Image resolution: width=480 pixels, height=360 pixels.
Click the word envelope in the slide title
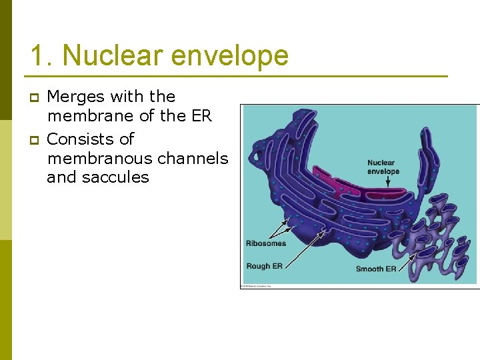229,55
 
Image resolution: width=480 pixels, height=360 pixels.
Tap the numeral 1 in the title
37,55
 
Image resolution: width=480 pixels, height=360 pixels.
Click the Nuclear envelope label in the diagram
383,167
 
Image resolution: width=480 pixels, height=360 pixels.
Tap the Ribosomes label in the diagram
265,243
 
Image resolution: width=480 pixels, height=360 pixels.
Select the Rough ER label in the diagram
264,266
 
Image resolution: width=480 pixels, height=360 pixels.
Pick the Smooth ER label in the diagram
376,269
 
